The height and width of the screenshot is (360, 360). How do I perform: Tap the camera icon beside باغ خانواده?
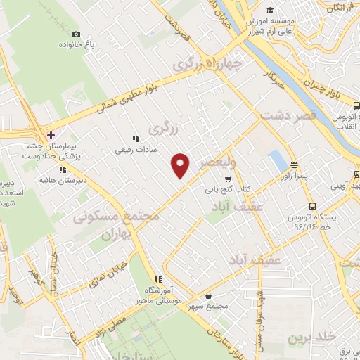[x=76, y=34]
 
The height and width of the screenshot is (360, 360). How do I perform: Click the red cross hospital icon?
[x=50, y=134]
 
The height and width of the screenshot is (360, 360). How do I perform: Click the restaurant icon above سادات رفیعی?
[x=135, y=139]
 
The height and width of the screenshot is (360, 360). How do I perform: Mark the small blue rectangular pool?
[x=278, y=162]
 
